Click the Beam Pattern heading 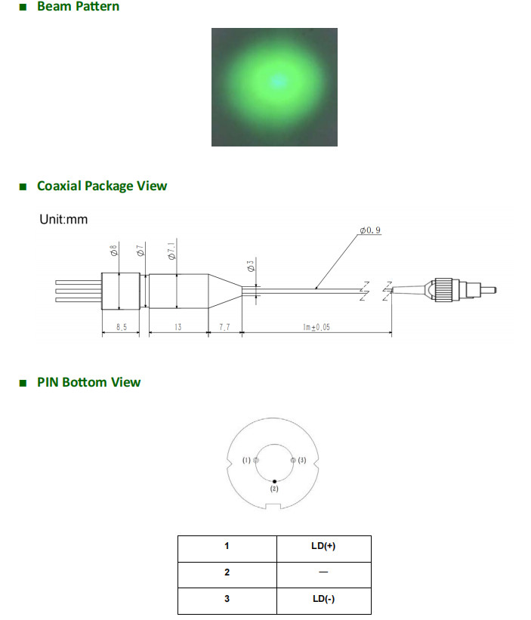[77, 7]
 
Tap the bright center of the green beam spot [276, 80]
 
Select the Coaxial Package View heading [101, 186]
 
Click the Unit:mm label [63, 220]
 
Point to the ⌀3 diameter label [251, 266]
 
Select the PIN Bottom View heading [88, 382]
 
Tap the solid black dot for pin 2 [275, 481]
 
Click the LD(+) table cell [323, 547]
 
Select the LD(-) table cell [323, 600]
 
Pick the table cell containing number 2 [227, 572]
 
